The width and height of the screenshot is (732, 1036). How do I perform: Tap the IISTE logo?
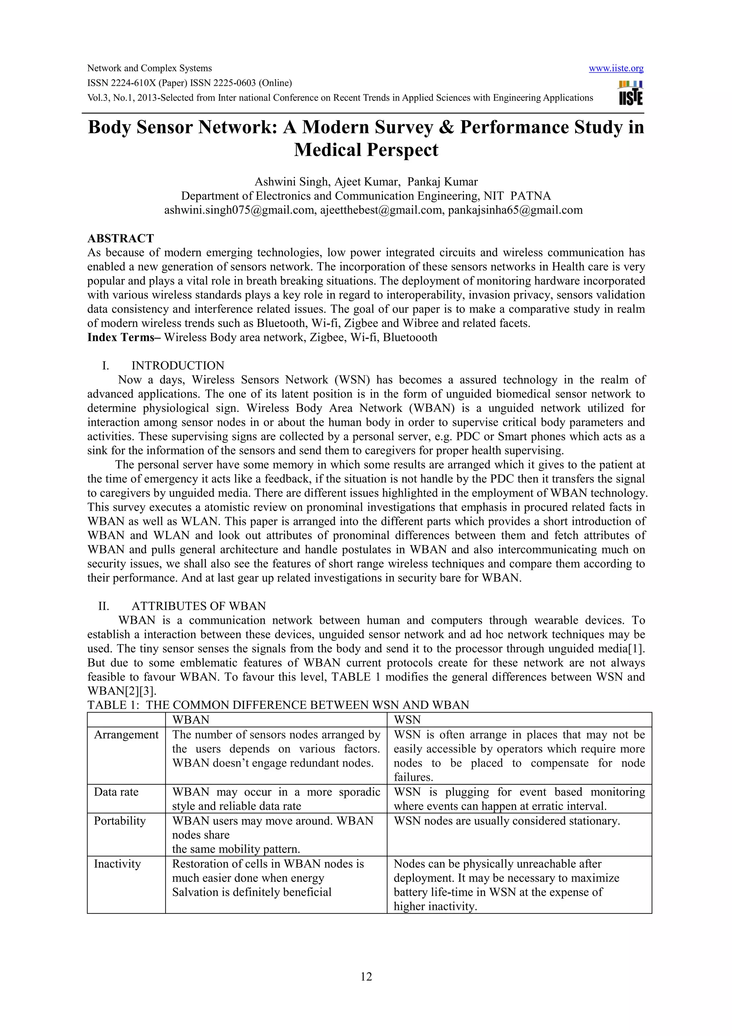[630, 93]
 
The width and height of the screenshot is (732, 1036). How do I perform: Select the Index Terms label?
[121, 337]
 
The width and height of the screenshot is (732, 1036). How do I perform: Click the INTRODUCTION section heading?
[178, 365]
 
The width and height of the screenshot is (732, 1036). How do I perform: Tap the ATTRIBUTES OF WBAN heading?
[198, 606]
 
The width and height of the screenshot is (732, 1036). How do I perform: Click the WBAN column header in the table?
[191, 720]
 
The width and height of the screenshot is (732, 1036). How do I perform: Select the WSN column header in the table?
[407, 720]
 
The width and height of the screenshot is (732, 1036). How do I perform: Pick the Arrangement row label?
[126, 735]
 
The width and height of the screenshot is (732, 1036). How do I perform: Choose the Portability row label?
[119, 821]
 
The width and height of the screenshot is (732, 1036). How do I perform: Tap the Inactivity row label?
[117, 864]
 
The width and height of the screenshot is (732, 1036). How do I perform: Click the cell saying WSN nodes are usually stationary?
[506, 821]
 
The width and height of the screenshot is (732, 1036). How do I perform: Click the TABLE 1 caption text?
[278, 705]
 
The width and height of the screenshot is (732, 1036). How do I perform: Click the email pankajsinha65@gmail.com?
[515, 210]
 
